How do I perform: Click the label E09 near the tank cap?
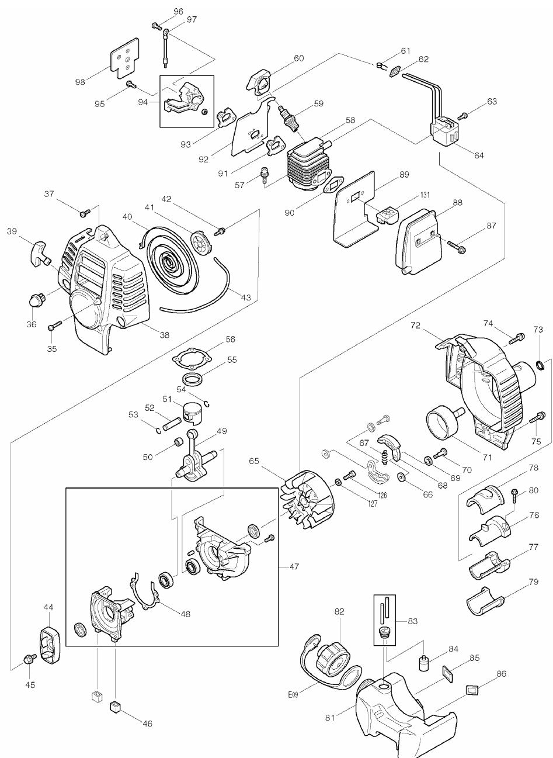tap(293, 694)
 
